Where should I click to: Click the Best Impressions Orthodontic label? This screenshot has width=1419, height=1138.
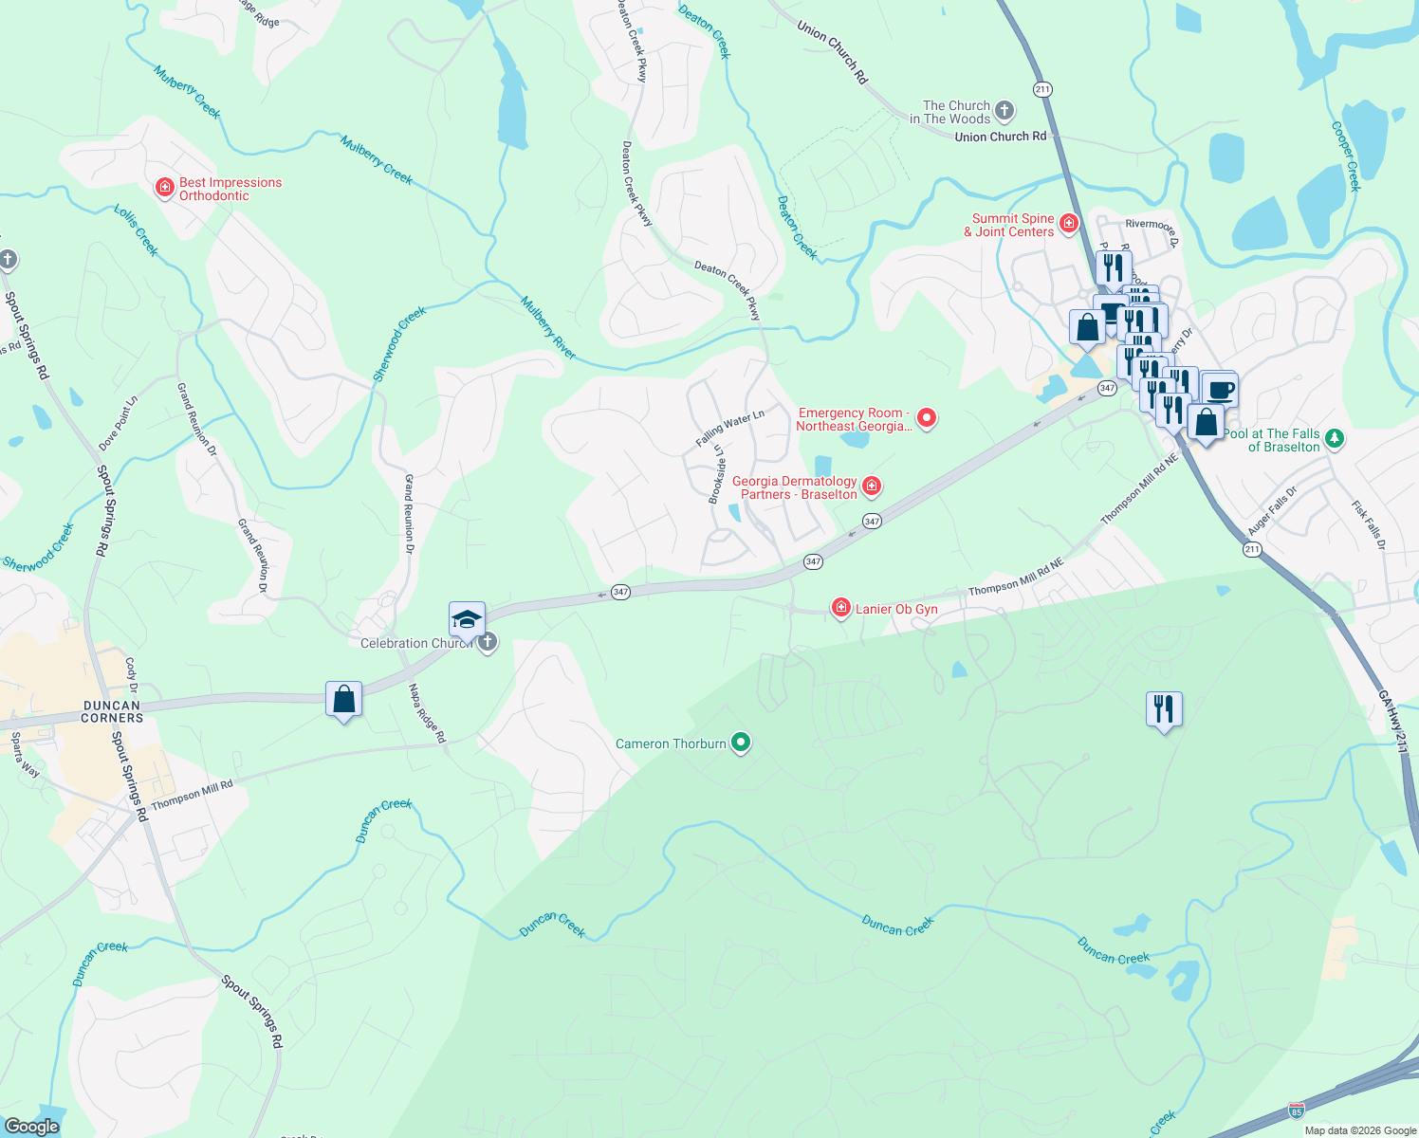[230, 189]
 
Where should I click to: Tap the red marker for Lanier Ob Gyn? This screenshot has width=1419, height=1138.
[840, 608]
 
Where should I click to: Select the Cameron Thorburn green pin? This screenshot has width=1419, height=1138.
[742, 743]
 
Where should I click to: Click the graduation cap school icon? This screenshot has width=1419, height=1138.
[467, 619]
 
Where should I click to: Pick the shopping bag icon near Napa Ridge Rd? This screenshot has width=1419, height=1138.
[343, 700]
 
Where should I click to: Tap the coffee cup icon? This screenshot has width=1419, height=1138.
[1221, 389]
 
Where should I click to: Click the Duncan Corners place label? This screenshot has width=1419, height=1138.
[112, 711]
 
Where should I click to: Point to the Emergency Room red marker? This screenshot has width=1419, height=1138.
[927, 418]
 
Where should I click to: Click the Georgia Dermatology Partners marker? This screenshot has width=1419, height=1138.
[872, 486]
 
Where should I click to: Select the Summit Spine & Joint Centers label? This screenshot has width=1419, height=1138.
[1012, 225]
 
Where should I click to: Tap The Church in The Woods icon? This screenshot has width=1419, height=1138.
[1004, 111]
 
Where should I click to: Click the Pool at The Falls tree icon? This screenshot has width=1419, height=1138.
[1335, 438]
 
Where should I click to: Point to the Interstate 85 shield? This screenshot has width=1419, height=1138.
[1296, 1110]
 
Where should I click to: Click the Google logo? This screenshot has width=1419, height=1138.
[31, 1126]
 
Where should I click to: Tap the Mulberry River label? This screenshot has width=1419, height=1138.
[548, 328]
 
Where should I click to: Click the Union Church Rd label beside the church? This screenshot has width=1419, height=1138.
[1000, 137]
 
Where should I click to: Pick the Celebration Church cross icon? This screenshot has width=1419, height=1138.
[488, 643]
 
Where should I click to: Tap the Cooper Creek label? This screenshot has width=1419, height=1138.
[1346, 156]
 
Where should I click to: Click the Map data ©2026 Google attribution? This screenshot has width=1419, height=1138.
[1360, 1130]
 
